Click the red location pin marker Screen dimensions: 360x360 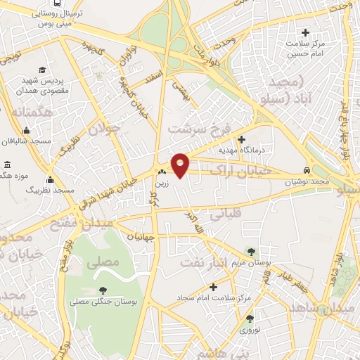[x=181, y=165]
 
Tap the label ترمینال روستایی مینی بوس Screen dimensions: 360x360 [x=58, y=19]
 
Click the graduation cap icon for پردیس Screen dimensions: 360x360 [x=43, y=70]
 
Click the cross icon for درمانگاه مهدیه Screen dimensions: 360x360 [x=242, y=139]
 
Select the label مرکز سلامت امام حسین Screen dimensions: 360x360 [x=307, y=48]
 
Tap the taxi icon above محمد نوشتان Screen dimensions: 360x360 [x=307, y=170]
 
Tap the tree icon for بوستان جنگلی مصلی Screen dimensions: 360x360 [x=103, y=290]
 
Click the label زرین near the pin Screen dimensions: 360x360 [x=162, y=181]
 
